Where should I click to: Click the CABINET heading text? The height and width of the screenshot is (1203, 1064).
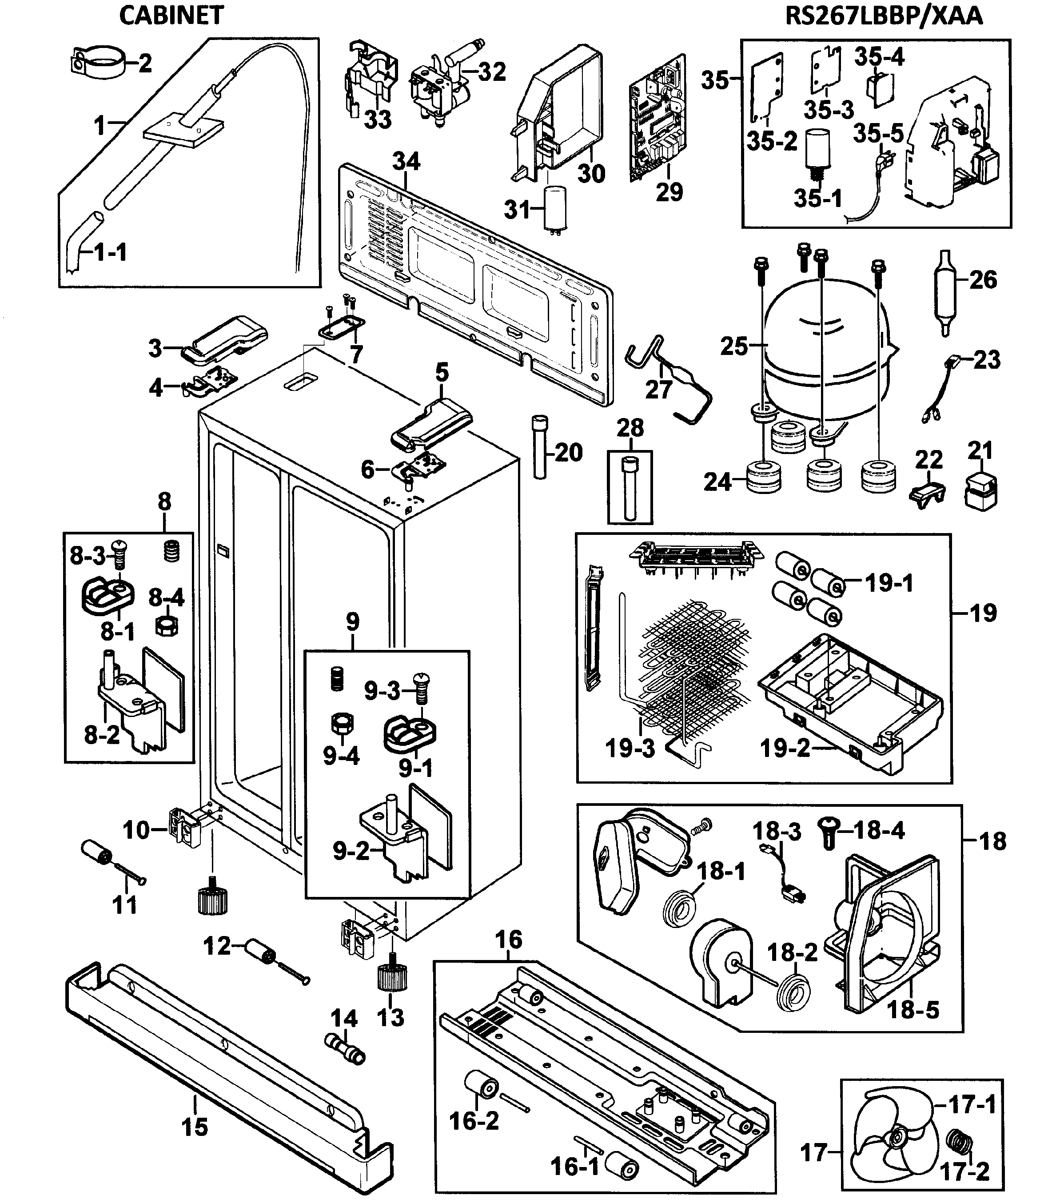[x=171, y=16]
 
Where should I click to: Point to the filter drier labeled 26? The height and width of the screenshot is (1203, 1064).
[x=943, y=292]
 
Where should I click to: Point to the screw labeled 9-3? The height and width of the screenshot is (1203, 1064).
[x=421, y=688]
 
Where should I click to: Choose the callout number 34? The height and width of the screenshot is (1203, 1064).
[x=406, y=161]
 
